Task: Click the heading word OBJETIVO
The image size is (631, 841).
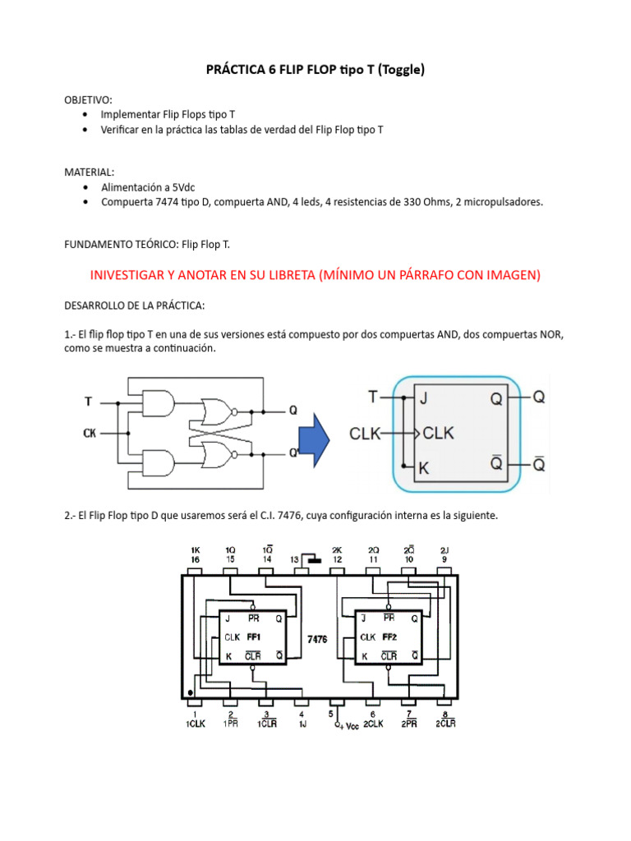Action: click(x=88, y=100)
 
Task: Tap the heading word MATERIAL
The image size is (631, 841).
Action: click(x=89, y=172)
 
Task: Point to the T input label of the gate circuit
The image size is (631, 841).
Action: click(x=88, y=402)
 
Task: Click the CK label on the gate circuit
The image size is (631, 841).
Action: click(x=90, y=432)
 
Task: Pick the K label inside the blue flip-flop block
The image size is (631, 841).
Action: click(x=424, y=469)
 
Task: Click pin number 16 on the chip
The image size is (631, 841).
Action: click(x=196, y=559)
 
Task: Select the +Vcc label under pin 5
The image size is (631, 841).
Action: click(x=345, y=726)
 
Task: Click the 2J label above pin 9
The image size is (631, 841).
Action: click(x=444, y=549)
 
